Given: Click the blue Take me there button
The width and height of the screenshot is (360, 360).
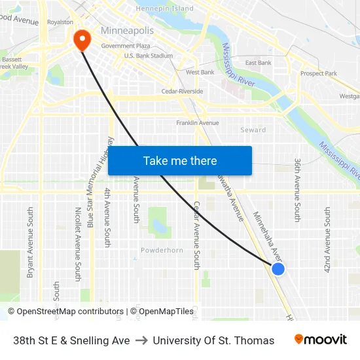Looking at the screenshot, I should point(180,160).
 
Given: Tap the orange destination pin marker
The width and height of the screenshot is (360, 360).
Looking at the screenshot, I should point(82,41).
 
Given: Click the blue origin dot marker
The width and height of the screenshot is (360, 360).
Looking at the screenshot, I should point(278,268).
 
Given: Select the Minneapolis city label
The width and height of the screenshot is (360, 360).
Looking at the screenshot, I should point(127,31).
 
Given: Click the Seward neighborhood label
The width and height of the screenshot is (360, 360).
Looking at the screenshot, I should point(253,130).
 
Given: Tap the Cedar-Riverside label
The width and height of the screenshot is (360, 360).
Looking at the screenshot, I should point(182,92).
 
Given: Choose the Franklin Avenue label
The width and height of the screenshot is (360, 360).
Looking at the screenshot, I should point(197,123).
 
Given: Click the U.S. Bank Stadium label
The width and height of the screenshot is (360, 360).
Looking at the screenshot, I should point(149,56).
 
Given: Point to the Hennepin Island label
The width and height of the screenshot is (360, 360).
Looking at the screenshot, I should point(164,9).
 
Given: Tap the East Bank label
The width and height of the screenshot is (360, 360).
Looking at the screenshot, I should point(258,63).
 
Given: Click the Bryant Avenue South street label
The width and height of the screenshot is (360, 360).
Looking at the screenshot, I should point(30,242).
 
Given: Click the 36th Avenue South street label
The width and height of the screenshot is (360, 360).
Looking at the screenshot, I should point(297,190).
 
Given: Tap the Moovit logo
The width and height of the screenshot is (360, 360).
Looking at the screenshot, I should point(320,340).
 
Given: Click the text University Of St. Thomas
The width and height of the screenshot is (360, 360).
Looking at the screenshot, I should point(213,340).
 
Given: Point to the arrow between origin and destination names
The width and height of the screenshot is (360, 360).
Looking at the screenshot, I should point(141,340).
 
